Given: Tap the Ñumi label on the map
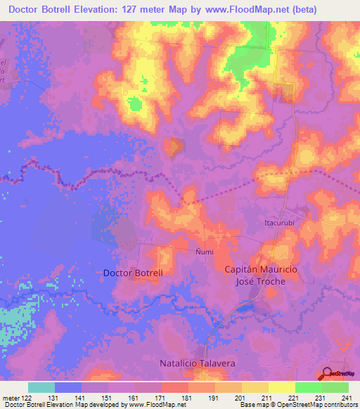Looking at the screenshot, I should click(x=203, y=251).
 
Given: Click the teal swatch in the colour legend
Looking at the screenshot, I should click(x=41, y=387).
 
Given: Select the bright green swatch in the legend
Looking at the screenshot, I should click(x=308, y=387).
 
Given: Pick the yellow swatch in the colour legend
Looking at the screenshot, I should click(x=281, y=387).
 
